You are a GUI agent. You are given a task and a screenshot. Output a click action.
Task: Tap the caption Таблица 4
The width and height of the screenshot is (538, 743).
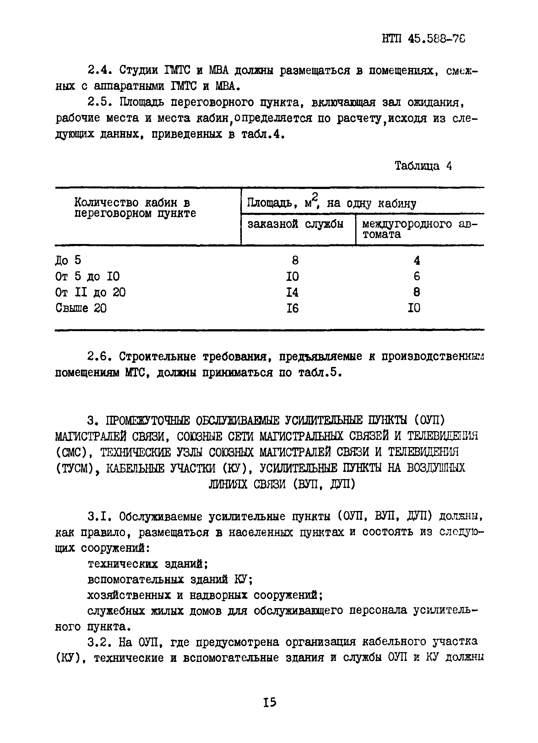(x=423, y=166)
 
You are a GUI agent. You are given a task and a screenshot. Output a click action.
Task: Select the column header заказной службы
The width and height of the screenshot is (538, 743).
(x=295, y=224)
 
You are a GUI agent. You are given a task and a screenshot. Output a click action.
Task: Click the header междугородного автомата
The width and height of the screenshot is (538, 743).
(x=419, y=229)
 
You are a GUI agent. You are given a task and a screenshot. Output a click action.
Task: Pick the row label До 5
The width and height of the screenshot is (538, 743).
(x=68, y=260)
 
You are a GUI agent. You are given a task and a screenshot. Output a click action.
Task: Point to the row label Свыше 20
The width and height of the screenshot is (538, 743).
(x=81, y=308)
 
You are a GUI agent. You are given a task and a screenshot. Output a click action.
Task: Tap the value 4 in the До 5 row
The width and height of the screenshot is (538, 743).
(x=416, y=261)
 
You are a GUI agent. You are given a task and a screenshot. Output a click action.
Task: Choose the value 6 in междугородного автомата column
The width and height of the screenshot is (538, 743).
(x=416, y=276)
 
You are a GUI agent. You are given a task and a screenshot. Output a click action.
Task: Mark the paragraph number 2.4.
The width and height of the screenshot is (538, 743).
(x=100, y=70)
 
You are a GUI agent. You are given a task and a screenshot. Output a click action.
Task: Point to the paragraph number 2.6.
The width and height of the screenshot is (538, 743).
(x=100, y=357)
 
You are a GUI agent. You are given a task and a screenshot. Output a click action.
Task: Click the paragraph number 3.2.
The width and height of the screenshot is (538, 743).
(x=100, y=642)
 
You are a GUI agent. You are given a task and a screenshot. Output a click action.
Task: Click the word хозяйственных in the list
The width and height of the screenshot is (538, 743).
(x=128, y=595)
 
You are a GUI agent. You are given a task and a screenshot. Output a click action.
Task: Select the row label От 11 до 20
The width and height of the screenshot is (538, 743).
(x=90, y=292)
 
